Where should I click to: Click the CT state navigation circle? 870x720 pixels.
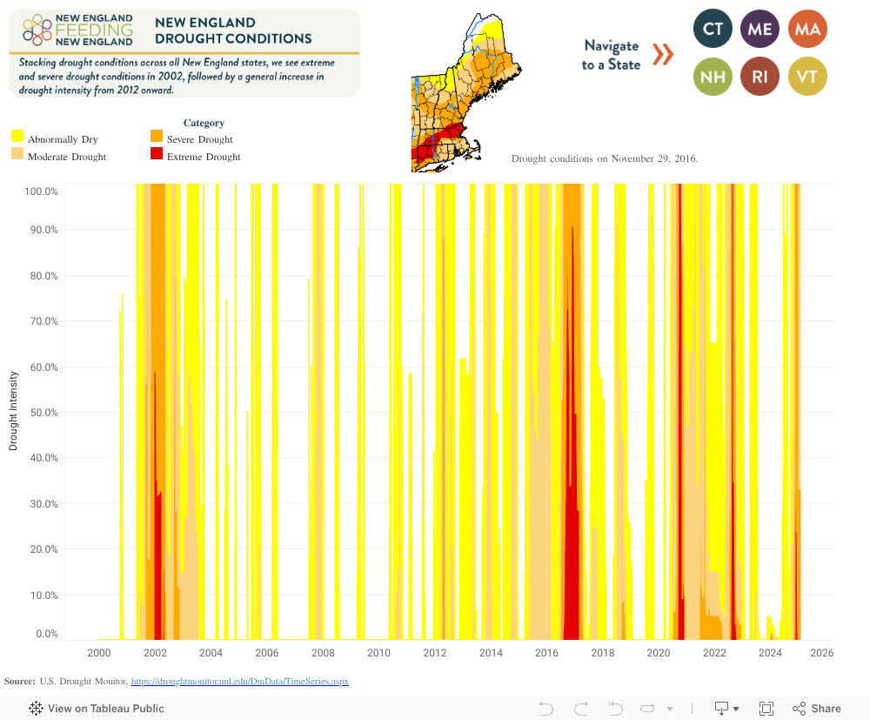pyautogui.click(x=713, y=30)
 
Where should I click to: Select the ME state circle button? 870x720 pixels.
pyautogui.click(x=760, y=30)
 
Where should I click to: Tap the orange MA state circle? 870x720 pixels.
pyautogui.click(x=807, y=30)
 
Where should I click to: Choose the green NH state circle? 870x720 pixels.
pyautogui.click(x=713, y=77)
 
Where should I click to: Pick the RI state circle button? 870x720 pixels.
pyautogui.click(x=760, y=77)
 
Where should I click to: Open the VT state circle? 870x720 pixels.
pyautogui.click(x=807, y=77)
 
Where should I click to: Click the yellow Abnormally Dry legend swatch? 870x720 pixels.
pyautogui.click(x=17, y=137)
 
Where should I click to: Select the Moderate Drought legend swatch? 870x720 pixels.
pyautogui.click(x=17, y=154)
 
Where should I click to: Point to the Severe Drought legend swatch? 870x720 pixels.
pyautogui.click(x=157, y=137)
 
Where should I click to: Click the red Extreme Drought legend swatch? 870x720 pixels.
pyautogui.click(x=157, y=154)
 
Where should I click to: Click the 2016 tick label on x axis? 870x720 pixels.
pyautogui.click(x=546, y=653)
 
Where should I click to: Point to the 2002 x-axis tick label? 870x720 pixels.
pyautogui.click(x=155, y=653)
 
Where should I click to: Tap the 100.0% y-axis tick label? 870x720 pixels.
pyautogui.click(x=40, y=191)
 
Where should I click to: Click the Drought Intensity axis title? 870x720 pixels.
pyautogui.click(x=13, y=411)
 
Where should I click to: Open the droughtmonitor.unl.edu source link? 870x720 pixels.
pyautogui.click(x=239, y=681)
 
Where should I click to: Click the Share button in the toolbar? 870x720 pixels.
pyautogui.click(x=817, y=709)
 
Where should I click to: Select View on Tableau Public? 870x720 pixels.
pyautogui.click(x=97, y=709)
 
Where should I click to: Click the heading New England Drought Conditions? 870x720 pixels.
pyautogui.click(x=232, y=30)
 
